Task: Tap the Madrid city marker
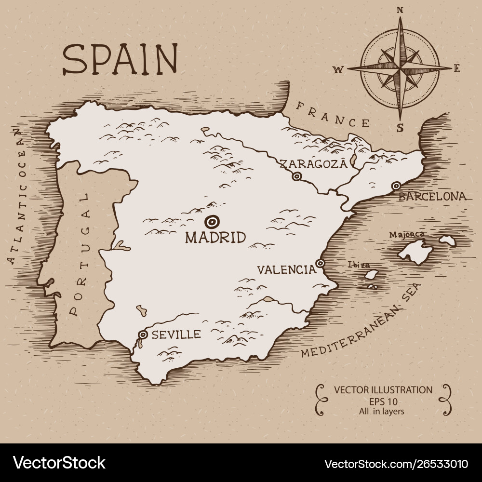211,221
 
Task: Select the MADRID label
215,237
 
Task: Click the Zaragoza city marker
297,176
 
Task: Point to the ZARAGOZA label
313,163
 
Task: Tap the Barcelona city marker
396,186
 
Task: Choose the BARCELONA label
432,197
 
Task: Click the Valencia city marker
320,263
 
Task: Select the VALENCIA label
286,269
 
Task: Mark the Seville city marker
143,335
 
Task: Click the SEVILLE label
176,335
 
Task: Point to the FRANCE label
333,114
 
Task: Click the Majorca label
407,235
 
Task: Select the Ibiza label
359,265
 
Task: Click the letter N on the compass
400,9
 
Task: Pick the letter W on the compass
338,69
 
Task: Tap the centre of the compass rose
400,68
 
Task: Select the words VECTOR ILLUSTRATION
383,389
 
